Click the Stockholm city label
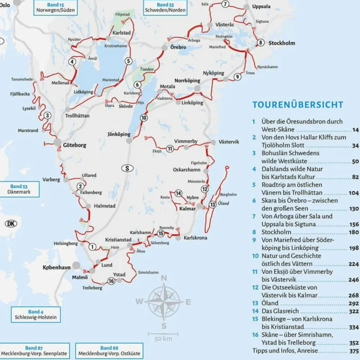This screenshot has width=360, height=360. tap(282, 43)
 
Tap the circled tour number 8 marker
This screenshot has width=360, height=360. tap(260, 43)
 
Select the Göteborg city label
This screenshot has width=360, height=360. tap(75, 145)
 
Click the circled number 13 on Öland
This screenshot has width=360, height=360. tap(212, 204)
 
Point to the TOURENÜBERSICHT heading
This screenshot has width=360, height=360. tap(297, 105)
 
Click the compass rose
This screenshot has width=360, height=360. tap(163, 301)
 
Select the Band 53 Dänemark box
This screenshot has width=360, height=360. tap(20, 189)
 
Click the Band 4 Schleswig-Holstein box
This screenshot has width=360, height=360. tap(35, 314)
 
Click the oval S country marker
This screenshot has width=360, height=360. tap(127, 168)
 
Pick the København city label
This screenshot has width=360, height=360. tap(56, 268)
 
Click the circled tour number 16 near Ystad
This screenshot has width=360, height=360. tap(111, 281)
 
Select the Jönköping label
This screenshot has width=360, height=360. tap(119, 134)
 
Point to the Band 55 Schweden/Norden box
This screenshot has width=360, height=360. tap(165, 7)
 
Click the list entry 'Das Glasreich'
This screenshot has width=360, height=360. tap(280, 311)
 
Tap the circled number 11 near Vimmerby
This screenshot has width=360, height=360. tap(170, 149)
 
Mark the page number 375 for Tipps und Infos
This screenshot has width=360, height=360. tap(354, 351)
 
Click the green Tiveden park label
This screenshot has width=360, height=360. tap(147, 70)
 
